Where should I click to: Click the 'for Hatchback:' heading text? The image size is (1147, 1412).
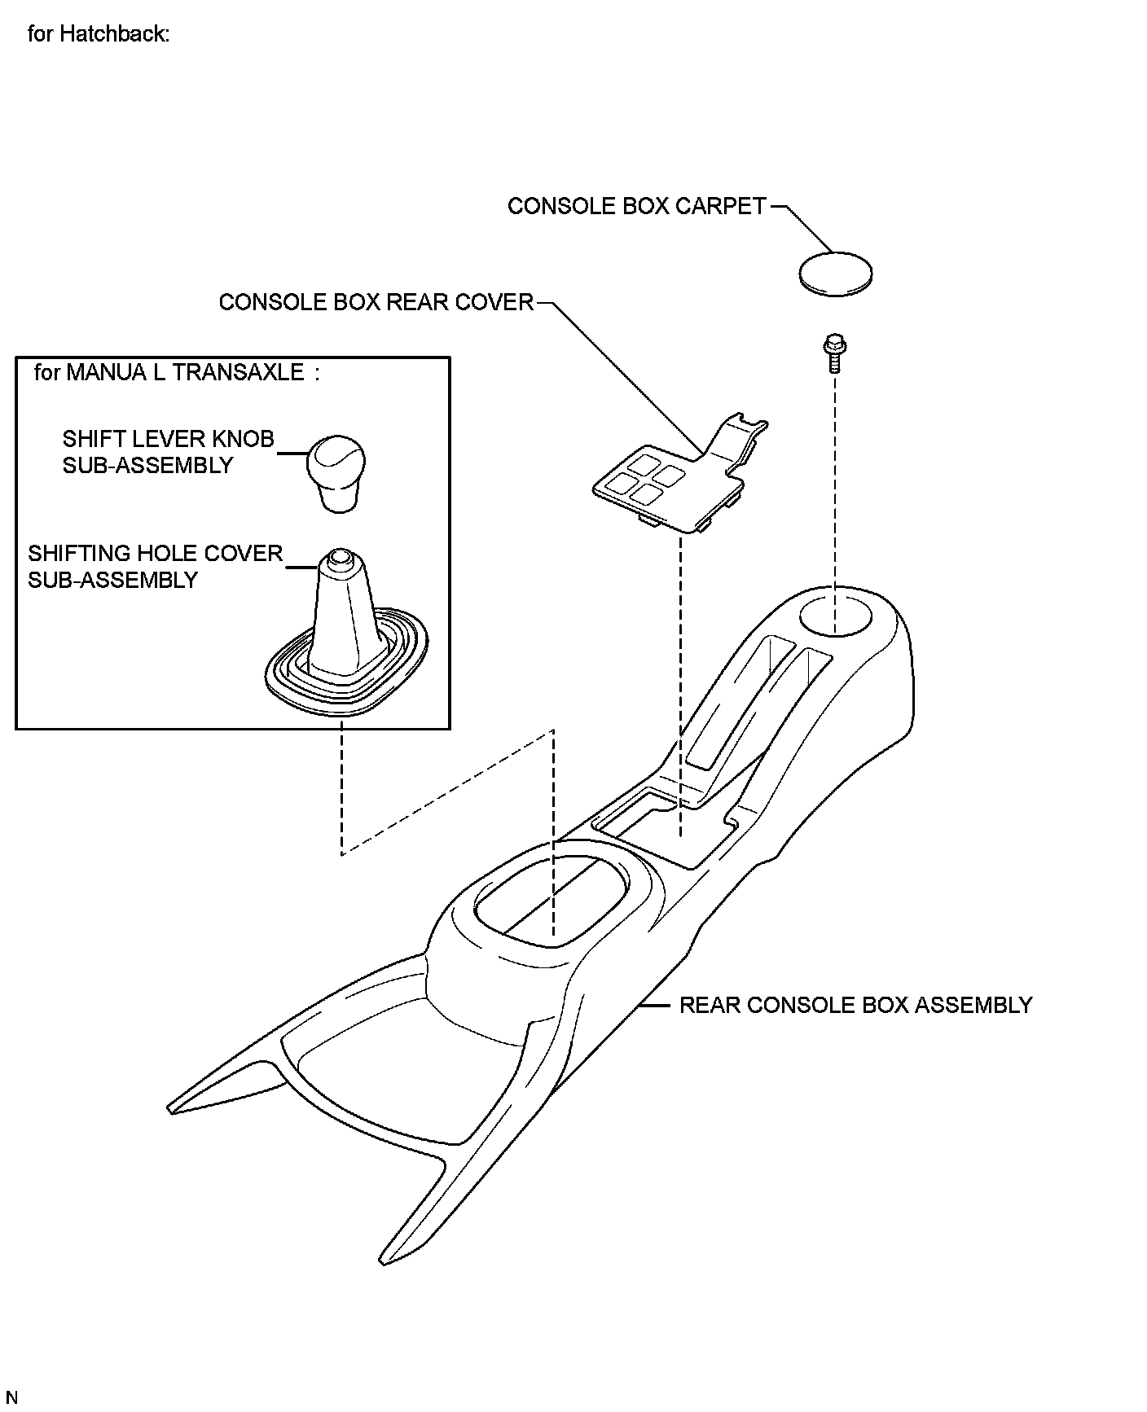tap(98, 34)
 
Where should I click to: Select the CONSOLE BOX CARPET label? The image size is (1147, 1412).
tap(636, 206)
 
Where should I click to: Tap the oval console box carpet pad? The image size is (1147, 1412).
tap(835, 273)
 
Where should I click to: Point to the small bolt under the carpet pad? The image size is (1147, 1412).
tap(833, 351)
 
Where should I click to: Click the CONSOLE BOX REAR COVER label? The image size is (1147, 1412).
tap(376, 302)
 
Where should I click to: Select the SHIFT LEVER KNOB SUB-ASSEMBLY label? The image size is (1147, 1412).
tap(167, 452)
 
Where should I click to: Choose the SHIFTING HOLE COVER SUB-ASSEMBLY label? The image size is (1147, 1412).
tap(155, 566)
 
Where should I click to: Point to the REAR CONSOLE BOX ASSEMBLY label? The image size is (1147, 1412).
tap(855, 1005)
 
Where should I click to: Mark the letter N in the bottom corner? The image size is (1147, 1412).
tap(11, 1398)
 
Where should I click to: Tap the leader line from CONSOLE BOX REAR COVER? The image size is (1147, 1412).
tap(619, 375)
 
